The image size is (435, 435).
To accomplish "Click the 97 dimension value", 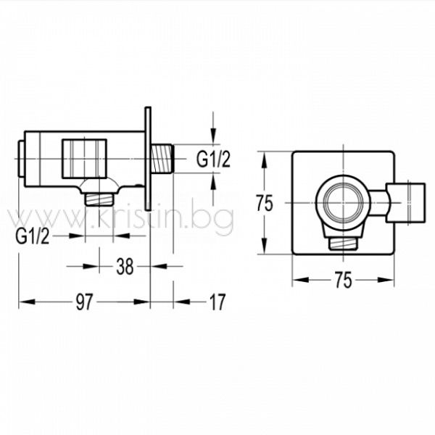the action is (x=84, y=302).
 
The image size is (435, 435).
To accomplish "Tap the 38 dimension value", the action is (x=125, y=266).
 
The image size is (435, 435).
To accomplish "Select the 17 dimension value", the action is (x=217, y=302).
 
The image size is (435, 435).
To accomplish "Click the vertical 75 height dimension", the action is (x=265, y=203).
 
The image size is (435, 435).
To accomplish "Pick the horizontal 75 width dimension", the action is (x=343, y=280).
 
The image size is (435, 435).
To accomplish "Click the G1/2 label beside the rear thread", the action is (x=213, y=159).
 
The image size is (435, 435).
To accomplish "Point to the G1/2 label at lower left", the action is (x=33, y=236).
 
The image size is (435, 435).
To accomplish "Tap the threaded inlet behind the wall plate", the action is (x=162, y=159).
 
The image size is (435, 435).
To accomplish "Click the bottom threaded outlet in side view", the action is (x=99, y=199).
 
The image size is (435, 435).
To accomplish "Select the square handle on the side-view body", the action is (x=84, y=159).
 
